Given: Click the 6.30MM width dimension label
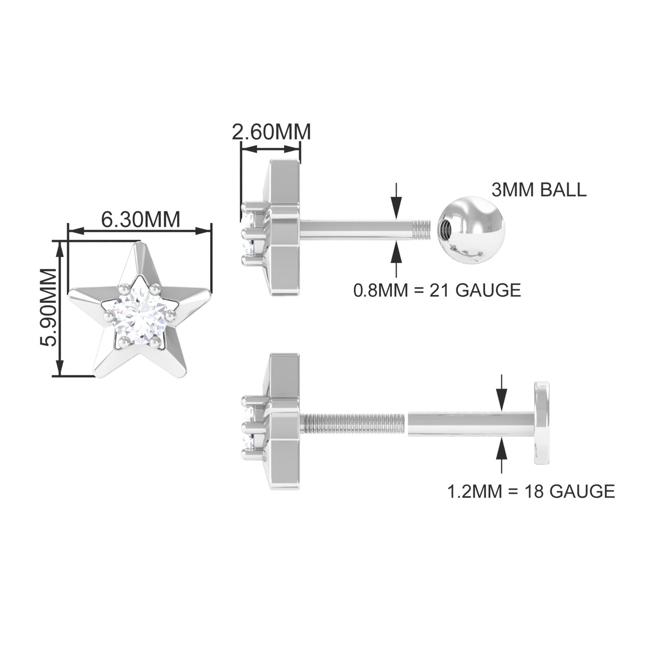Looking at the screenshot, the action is [141, 220].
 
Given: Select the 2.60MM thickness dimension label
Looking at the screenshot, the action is [271, 132].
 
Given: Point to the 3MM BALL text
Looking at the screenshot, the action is [539, 190].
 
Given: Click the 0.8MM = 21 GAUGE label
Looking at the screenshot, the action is [437, 290].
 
